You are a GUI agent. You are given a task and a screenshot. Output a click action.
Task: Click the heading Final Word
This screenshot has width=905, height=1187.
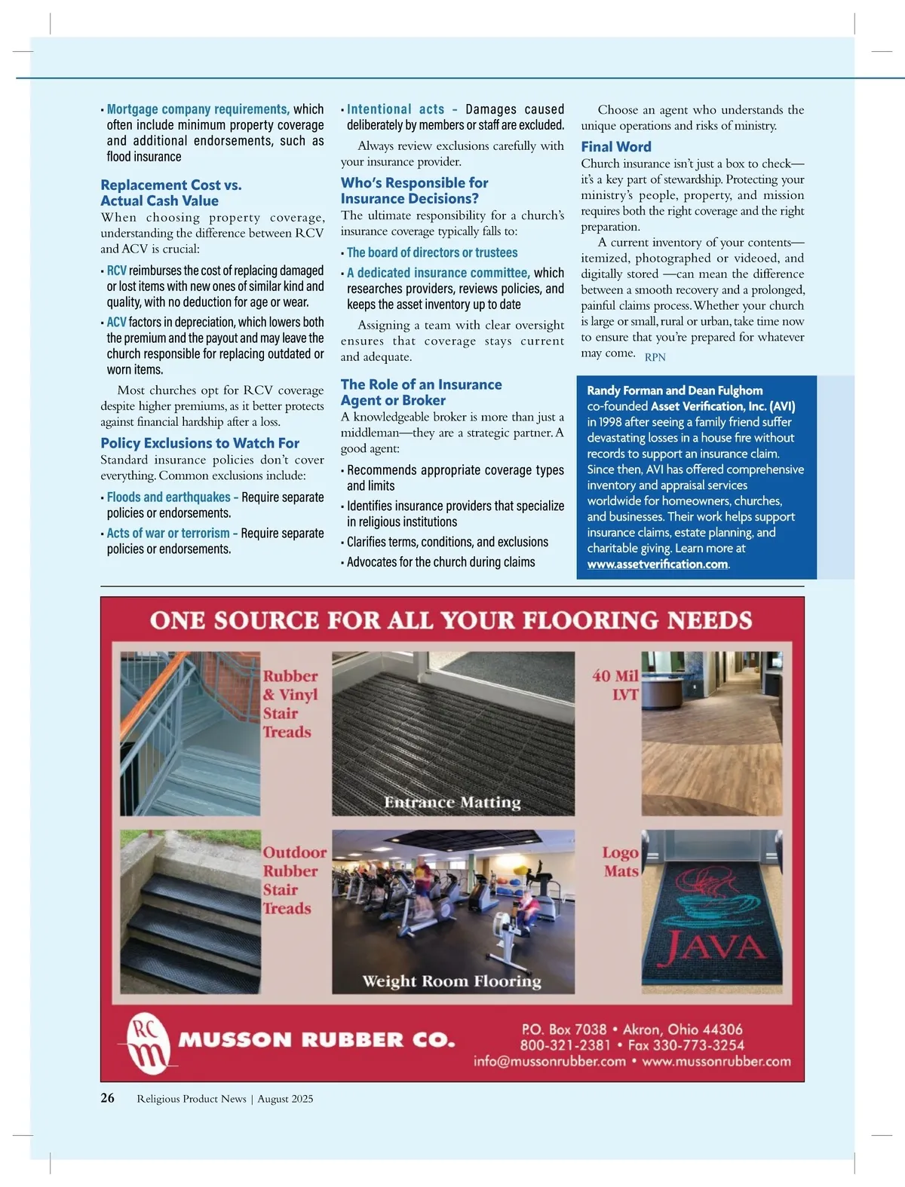(x=615, y=147)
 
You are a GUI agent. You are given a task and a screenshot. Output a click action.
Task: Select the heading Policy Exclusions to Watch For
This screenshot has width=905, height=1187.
(x=200, y=443)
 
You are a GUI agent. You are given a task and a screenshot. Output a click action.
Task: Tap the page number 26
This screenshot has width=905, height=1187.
(x=108, y=1097)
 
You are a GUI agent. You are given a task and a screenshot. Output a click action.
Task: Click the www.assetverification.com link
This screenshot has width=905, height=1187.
(x=658, y=564)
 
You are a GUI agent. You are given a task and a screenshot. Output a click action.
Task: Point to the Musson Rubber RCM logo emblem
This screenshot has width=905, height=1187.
(x=148, y=1043)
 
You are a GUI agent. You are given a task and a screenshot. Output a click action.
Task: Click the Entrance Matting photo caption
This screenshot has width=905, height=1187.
(x=452, y=802)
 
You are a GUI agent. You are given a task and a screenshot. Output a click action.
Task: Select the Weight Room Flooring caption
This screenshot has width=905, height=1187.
(x=452, y=980)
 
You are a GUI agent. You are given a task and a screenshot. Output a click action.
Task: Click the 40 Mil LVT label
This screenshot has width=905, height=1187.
(x=616, y=685)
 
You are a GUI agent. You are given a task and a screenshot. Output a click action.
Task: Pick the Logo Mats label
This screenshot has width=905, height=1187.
(x=621, y=861)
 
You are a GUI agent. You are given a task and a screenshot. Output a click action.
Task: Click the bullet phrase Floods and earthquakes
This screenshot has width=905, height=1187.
(x=169, y=497)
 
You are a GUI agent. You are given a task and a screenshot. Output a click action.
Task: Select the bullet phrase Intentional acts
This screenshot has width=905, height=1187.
(x=396, y=109)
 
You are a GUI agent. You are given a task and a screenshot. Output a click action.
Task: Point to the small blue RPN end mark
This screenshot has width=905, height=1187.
(x=655, y=357)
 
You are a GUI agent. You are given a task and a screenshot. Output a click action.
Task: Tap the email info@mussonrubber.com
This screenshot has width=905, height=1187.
(x=550, y=1061)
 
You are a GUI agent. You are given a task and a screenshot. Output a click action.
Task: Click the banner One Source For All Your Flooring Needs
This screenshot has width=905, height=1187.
(x=451, y=620)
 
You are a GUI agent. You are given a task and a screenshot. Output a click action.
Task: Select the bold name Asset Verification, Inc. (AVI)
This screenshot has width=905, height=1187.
(x=722, y=406)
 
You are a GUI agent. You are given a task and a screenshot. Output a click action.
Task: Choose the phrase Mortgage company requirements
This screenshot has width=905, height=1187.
(x=198, y=109)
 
